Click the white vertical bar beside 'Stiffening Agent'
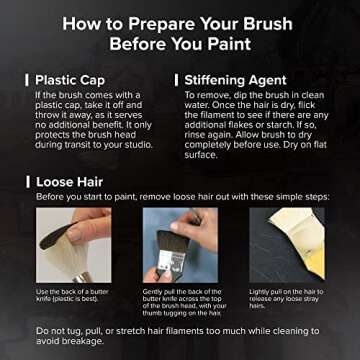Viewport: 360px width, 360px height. [x=177, y=79]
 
